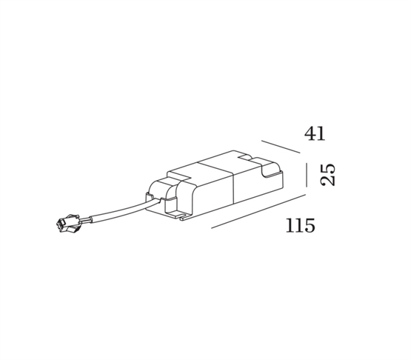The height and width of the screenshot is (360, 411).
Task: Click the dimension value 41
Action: pos(315,133)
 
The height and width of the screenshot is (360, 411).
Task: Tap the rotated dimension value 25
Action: pos(328,175)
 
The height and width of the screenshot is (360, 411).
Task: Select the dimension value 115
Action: pos(301,225)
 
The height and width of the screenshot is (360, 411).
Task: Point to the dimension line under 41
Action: pos(281,147)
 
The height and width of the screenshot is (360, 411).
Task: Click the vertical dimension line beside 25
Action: pos(306,175)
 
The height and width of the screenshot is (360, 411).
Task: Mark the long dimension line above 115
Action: pos(258,211)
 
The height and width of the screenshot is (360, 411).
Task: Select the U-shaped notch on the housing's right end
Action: pos(270,168)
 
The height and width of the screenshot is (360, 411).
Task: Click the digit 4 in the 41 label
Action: pos(310,133)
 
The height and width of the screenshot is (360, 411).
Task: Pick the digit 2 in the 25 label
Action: pos(328,181)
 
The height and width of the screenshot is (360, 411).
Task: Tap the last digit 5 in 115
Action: pos(310,225)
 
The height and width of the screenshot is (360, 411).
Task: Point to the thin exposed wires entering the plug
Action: pos(85,220)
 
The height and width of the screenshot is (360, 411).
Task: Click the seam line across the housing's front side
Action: pos(233,188)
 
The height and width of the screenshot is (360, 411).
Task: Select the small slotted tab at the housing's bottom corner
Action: pos(184,218)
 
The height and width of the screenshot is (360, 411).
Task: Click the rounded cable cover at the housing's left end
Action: pos(171,196)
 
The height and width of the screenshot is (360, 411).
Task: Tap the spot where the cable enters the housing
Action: pos(157,201)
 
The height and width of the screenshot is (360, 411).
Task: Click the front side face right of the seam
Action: pos(258,187)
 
